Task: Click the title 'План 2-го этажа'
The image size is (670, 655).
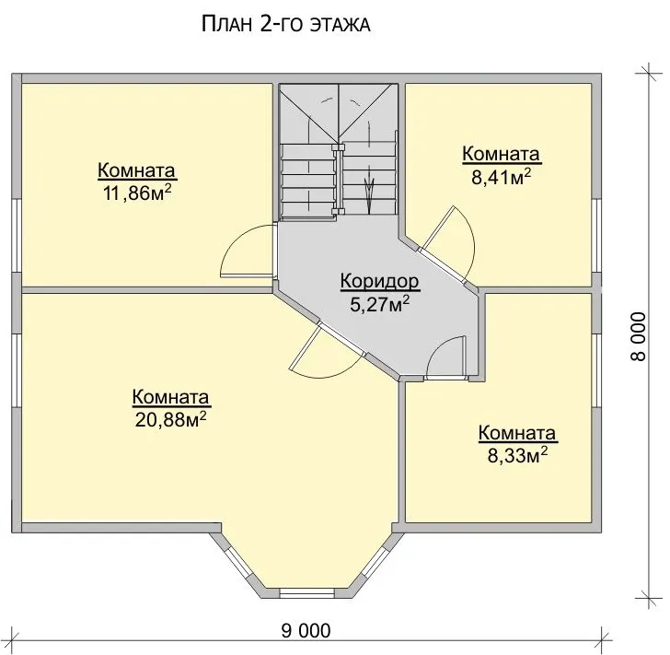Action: coord(285,24)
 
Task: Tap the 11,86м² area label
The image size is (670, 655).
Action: coord(137,193)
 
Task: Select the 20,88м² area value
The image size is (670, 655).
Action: coord(171,420)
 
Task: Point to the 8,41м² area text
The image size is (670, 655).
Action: coord(502,177)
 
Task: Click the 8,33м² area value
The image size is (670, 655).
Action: coord(518,456)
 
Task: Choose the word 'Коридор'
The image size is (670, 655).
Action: coord(380,282)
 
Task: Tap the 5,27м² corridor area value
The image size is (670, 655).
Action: coord(380,304)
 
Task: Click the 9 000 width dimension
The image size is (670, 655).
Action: coord(306,631)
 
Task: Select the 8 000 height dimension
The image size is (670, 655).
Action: coord(639,336)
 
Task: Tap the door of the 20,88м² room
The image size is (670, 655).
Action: coord(327,348)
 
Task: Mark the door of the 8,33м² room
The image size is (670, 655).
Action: coord(446,358)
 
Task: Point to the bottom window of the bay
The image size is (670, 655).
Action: coord(306,592)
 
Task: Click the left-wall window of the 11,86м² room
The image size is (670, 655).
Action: coord(17,236)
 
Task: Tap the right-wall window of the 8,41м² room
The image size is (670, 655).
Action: coord(597,236)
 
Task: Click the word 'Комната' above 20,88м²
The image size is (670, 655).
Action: coord(171,397)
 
